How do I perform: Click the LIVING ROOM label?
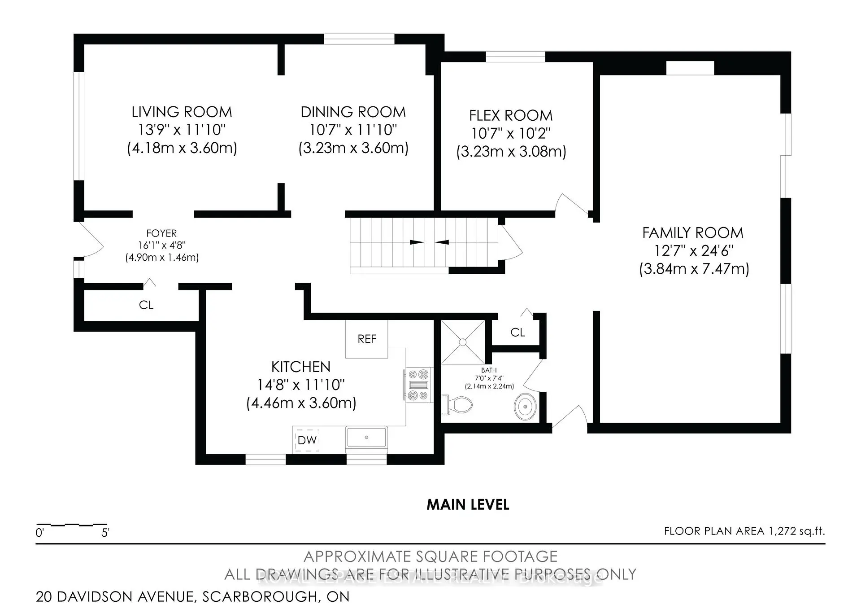182,112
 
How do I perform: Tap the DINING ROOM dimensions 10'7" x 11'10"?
353,130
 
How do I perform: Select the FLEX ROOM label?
511,116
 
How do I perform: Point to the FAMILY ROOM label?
693,233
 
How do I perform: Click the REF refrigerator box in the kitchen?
366,339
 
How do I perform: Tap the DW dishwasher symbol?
307,440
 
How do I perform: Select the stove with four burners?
418,385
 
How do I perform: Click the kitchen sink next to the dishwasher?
366,437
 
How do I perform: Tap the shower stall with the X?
463,342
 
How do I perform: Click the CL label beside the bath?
517,333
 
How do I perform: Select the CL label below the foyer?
146,305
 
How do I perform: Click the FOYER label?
161,233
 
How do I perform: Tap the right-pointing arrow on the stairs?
417,242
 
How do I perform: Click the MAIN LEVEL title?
468,505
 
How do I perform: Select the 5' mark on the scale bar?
105,533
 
